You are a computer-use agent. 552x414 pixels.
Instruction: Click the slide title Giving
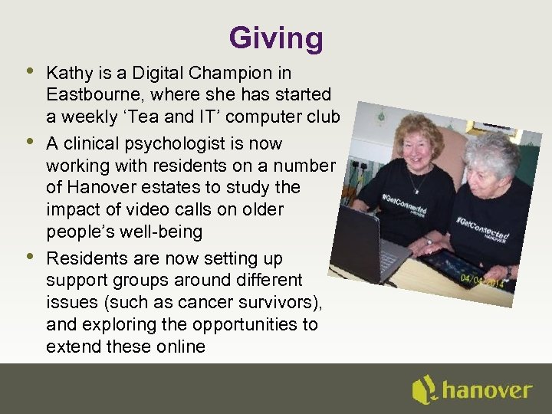pos(276,38)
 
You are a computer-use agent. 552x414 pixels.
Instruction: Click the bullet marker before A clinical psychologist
pos(28,140)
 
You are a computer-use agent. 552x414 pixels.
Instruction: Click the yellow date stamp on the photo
pos(481,281)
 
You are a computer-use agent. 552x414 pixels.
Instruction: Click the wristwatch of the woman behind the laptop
pos(427,240)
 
